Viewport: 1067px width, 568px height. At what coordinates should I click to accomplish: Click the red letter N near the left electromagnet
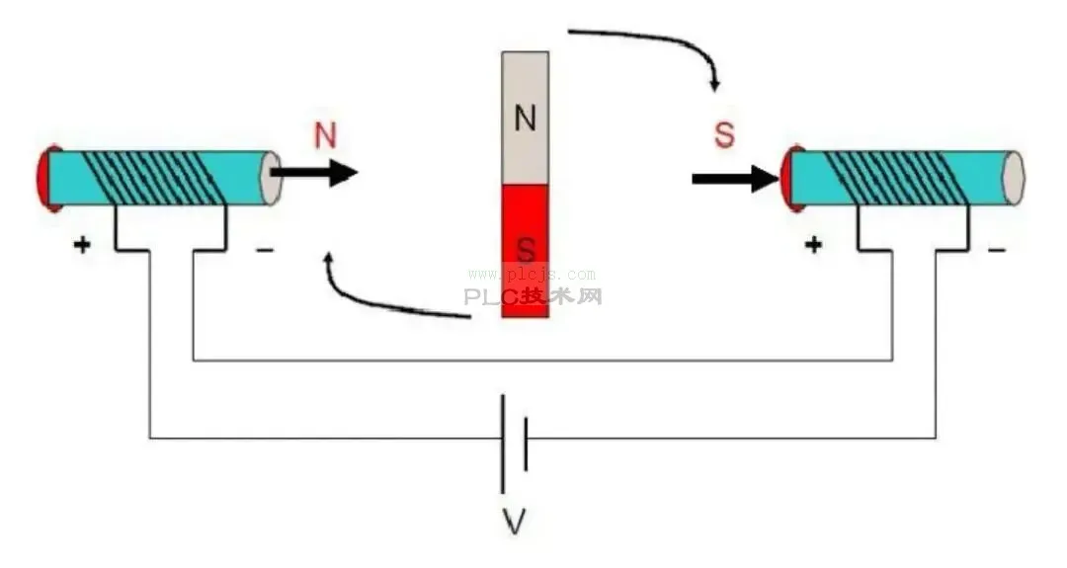tap(325, 134)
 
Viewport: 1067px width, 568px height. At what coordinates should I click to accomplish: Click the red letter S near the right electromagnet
tap(725, 134)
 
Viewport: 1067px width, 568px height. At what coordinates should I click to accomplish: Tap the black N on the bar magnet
tap(525, 119)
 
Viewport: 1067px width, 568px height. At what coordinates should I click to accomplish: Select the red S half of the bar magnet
tap(526, 251)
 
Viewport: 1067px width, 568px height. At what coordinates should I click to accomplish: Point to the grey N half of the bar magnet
tap(526, 119)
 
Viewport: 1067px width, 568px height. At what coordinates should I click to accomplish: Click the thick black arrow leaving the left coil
tap(314, 172)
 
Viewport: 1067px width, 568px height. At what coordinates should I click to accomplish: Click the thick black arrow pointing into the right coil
tap(736, 179)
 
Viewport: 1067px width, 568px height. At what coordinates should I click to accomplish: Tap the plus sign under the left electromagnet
tap(82, 244)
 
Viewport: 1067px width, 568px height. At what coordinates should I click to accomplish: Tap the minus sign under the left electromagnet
tap(265, 251)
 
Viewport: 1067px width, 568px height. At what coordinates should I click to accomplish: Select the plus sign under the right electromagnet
tap(813, 244)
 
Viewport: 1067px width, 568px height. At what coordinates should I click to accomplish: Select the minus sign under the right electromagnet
tap(996, 250)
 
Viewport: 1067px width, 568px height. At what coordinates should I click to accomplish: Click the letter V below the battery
tap(515, 523)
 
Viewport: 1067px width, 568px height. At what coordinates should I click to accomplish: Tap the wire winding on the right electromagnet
tap(897, 178)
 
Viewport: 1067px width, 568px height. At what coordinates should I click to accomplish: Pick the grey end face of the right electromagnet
tap(1014, 178)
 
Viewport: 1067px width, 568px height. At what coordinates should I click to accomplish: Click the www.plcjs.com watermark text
tap(532, 275)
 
